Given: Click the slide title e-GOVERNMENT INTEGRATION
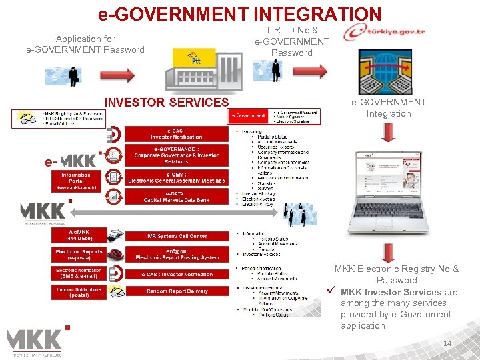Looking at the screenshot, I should pyautogui.click(x=239, y=13).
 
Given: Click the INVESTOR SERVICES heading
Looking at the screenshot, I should pyautogui.click(x=167, y=102).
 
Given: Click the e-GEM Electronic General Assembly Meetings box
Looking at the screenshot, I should pyautogui.click(x=176, y=177).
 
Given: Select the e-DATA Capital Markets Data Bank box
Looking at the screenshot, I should pyautogui.click(x=176, y=197).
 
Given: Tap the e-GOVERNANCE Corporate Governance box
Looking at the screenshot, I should pyautogui.click(x=176, y=155).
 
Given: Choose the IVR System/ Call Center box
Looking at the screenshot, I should pyautogui.click(x=176, y=236).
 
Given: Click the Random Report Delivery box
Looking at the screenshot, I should pyautogui.click(x=176, y=291).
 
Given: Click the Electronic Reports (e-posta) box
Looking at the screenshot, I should pyautogui.click(x=79, y=255).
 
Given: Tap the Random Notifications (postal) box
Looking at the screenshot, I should pyautogui.click(x=79, y=292).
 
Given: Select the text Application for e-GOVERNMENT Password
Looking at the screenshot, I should pyautogui.click(x=85, y=44).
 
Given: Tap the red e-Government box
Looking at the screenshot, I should pyautogui.click(x=248, y=116).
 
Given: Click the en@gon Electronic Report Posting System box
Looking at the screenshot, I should pyautogui.click(x=176, y=255).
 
